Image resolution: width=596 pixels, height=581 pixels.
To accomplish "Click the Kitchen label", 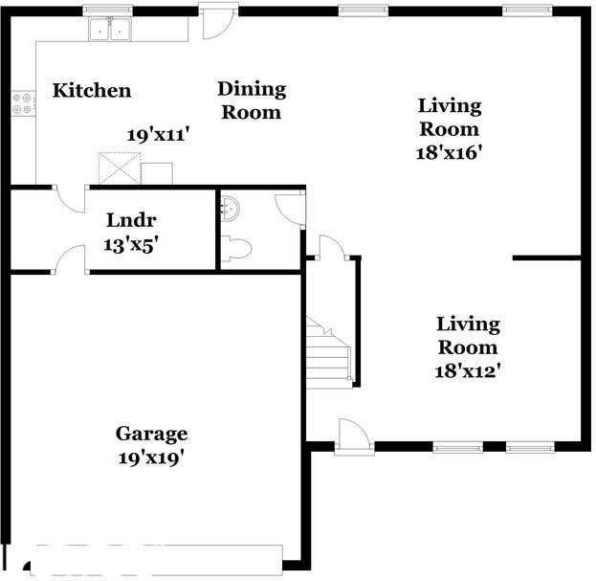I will click(x=91, y=91).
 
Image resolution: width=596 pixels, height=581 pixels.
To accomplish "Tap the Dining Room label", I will click(x=252, y=101).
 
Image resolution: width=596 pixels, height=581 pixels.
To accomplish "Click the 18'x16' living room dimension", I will click(x=448, y=151).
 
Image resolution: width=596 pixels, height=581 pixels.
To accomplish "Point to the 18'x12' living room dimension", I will click(x=467, y=369).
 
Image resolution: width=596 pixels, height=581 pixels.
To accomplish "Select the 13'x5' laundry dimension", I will click(x=130, y=244).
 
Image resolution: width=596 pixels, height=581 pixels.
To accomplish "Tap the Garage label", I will click(x=151, y=434).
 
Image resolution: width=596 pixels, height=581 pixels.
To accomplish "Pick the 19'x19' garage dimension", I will click(x=150, y=457).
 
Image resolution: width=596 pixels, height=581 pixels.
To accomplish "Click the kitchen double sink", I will click(x=110, y=30).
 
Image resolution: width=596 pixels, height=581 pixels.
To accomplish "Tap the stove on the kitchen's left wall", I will click(x=23, y=103).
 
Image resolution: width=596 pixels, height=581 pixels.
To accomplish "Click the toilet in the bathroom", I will click(x=235, y=250).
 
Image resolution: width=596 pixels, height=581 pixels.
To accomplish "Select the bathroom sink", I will click(x=228, y=209).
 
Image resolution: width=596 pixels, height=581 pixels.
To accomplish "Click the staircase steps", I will click(x=329, y=354).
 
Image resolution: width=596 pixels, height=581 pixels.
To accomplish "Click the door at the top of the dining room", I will click(x=216, y=23).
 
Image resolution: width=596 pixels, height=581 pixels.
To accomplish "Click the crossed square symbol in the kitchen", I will click(x=121, y=168).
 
